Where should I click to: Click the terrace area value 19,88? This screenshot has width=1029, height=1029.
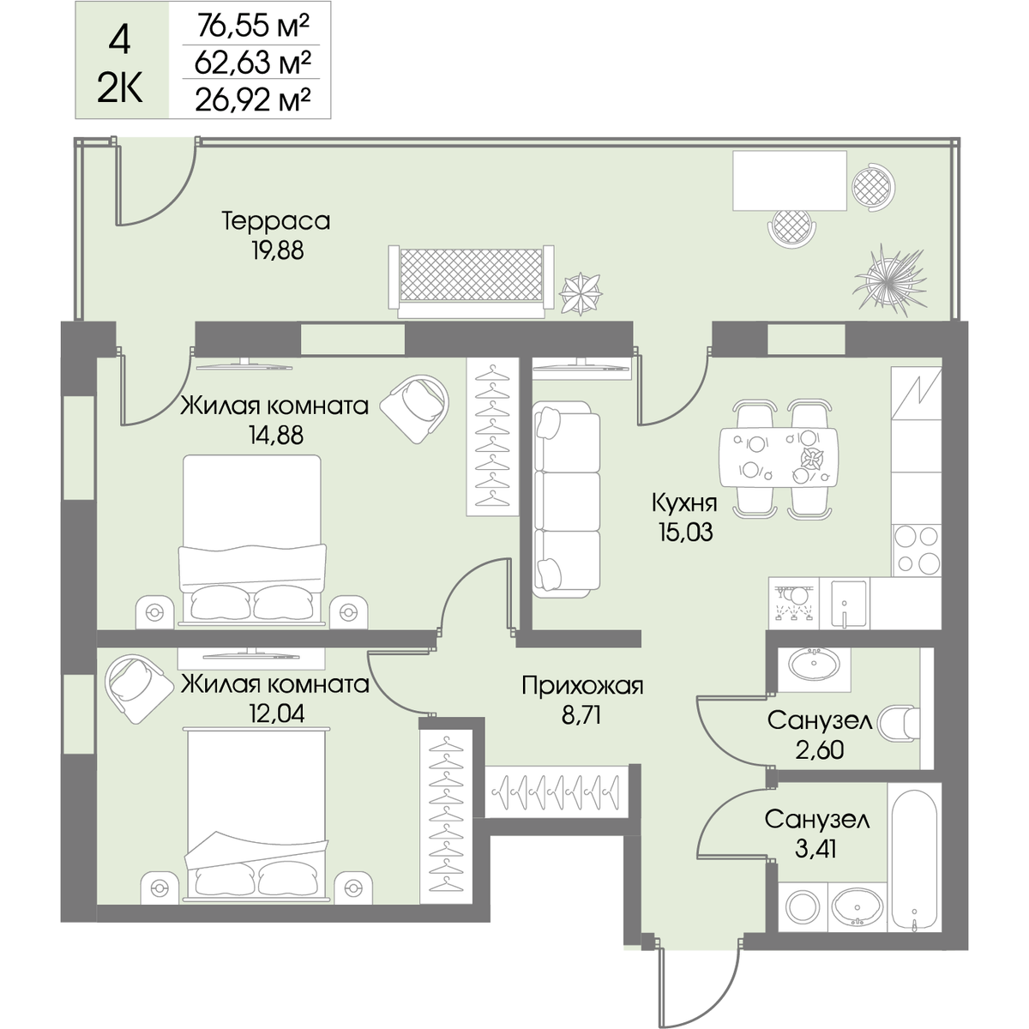278,250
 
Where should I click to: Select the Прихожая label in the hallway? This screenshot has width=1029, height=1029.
582,686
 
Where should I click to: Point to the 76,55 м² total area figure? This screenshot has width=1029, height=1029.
254,26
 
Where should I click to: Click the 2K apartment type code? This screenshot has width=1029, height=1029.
120,90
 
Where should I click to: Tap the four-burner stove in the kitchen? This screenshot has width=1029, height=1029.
917,550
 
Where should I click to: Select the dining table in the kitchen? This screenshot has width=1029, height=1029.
779,458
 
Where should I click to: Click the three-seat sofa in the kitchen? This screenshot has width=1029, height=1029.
567,500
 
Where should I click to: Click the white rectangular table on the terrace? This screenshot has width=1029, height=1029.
790,181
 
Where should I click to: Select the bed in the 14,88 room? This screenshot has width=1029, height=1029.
252,539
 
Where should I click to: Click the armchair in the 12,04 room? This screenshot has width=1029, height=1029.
139,689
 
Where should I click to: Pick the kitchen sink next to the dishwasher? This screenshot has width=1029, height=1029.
844,603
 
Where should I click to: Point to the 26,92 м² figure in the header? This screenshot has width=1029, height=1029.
253,99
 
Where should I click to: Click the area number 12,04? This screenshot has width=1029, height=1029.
277,713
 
